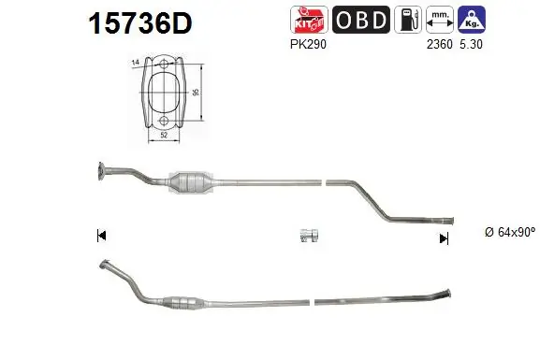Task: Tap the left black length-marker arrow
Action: [x=99, y=236]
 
